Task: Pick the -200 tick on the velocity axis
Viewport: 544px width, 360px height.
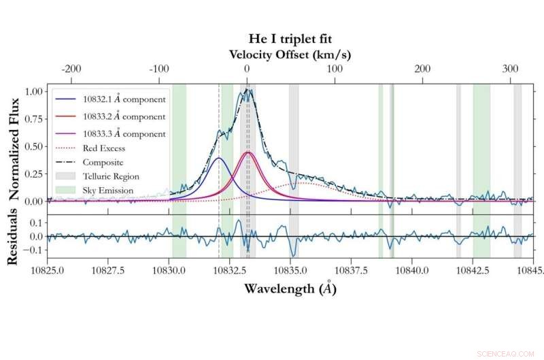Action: tap(70, 69)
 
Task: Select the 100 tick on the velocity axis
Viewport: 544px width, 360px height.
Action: tap(334, 69)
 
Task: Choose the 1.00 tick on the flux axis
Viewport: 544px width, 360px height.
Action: tap(32, 91)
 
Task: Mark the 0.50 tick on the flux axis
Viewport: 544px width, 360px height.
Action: tap(32, 146)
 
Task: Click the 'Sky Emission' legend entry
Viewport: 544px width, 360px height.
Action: tap(108, 191)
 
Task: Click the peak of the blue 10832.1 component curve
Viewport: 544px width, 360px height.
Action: tap(218, 158)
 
